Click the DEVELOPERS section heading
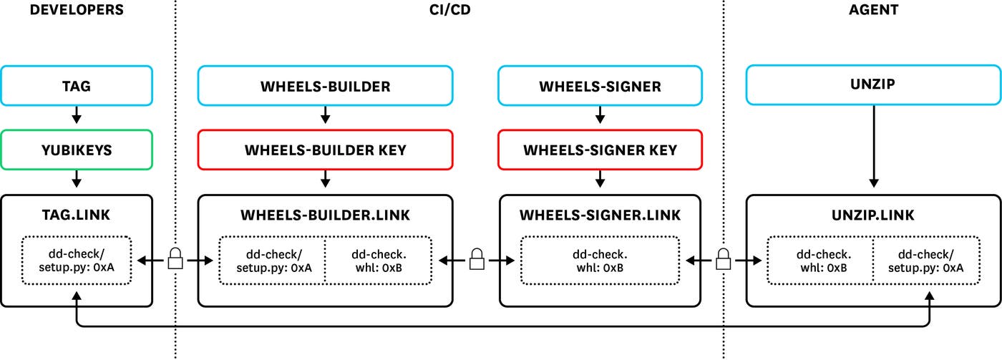[x=77, y=10]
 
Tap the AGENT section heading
[x=873, y=10]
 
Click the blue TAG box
[x=77, y=87]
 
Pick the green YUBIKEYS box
[x=77, y=150]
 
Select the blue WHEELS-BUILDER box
[x=326, y=87]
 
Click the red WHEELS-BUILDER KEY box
[x=326, y=150]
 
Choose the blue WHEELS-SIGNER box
[x=600, y=87]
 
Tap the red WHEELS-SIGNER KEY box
[x=600, y=150]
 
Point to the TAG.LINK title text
[x=77, y=215]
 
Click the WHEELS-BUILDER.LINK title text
[x=326, y=215]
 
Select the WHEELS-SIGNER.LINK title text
[x=600, y=215]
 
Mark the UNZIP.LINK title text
[x=873, y=215]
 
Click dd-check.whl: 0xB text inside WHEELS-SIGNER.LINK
[x=600, y=261]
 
